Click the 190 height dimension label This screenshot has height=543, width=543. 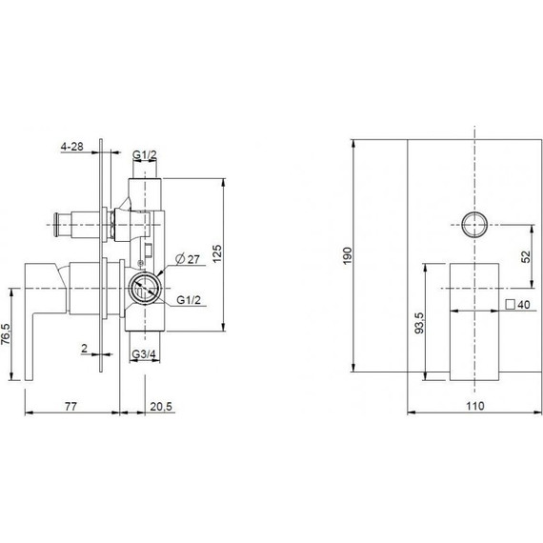pos(348,255)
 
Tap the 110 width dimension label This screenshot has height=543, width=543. pos(474,406)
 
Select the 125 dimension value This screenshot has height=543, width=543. pos(216,253)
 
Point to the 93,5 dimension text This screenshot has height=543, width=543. pos(419,323)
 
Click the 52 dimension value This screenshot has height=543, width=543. pos(525,256)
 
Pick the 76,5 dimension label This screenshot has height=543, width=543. pos(6,333)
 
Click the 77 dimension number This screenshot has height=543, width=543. pos(71,406)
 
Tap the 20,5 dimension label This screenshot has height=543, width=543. pos(161,406)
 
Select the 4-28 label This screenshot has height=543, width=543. pos(72,147)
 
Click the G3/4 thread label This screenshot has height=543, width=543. pos(144,354)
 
